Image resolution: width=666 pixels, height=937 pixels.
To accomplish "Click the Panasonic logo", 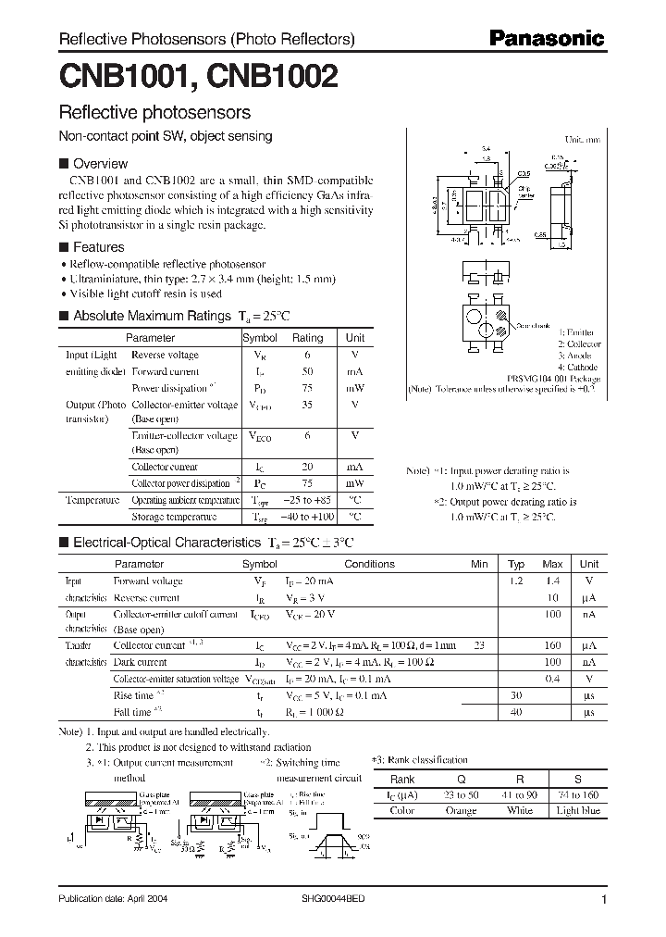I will pyautogui.click(x=546, y=39).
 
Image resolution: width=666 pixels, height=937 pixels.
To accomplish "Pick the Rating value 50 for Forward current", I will pyautogui.click(x=307, y=370).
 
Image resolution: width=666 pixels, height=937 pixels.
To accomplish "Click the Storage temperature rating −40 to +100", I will pyautogui.click(x=307, y=516).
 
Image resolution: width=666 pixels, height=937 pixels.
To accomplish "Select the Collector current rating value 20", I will pyautogui.click(x=307, y=467).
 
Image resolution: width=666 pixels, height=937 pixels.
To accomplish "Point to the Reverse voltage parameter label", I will pyautogui.click(x=165, y=355).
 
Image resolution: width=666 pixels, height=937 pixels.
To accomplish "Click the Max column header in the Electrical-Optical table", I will pyautogui.click(x=552, y=564).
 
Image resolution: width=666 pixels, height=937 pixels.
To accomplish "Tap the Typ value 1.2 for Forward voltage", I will pyautogui.click(x=515, y=581).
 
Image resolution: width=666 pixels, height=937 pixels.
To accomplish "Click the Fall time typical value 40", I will pyautogui.click(x=515, y=711).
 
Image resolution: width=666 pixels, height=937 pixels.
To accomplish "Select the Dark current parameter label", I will pyautogui.click(x=140, y=662).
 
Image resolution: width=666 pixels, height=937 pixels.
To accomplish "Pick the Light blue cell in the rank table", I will pyautogui.click(x=577, y=811).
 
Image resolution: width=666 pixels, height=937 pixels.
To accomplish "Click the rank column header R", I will pyautogui.click(x=519, y=780).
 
